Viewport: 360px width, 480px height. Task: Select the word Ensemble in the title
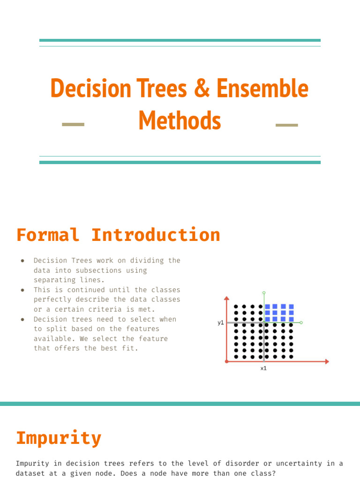click(263, 88)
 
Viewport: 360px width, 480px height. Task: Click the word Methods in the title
click(180, 120)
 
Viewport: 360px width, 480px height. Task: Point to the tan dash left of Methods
click(73, 125)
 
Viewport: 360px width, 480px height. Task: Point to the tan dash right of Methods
click(286, 125)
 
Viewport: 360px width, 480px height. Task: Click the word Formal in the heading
click(48, 235)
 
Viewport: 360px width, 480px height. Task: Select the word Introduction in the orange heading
click(156, 235)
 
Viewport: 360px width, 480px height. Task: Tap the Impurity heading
click(59, 438)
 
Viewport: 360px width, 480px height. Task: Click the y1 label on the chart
click(221, 322)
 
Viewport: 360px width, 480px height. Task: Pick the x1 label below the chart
click(263, 368)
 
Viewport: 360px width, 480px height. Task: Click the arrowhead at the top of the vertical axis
click(227, 298)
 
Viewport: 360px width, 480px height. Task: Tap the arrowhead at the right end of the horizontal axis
click(327, 361)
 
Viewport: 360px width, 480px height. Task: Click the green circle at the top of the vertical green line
click(264, 292)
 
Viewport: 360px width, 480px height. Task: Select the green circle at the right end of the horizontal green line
click(301, 322)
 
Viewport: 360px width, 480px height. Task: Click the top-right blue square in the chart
click(291, 307)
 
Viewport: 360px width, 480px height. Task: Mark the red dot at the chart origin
click(227, 361)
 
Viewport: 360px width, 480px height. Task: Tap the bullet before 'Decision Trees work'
click(22, 261)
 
